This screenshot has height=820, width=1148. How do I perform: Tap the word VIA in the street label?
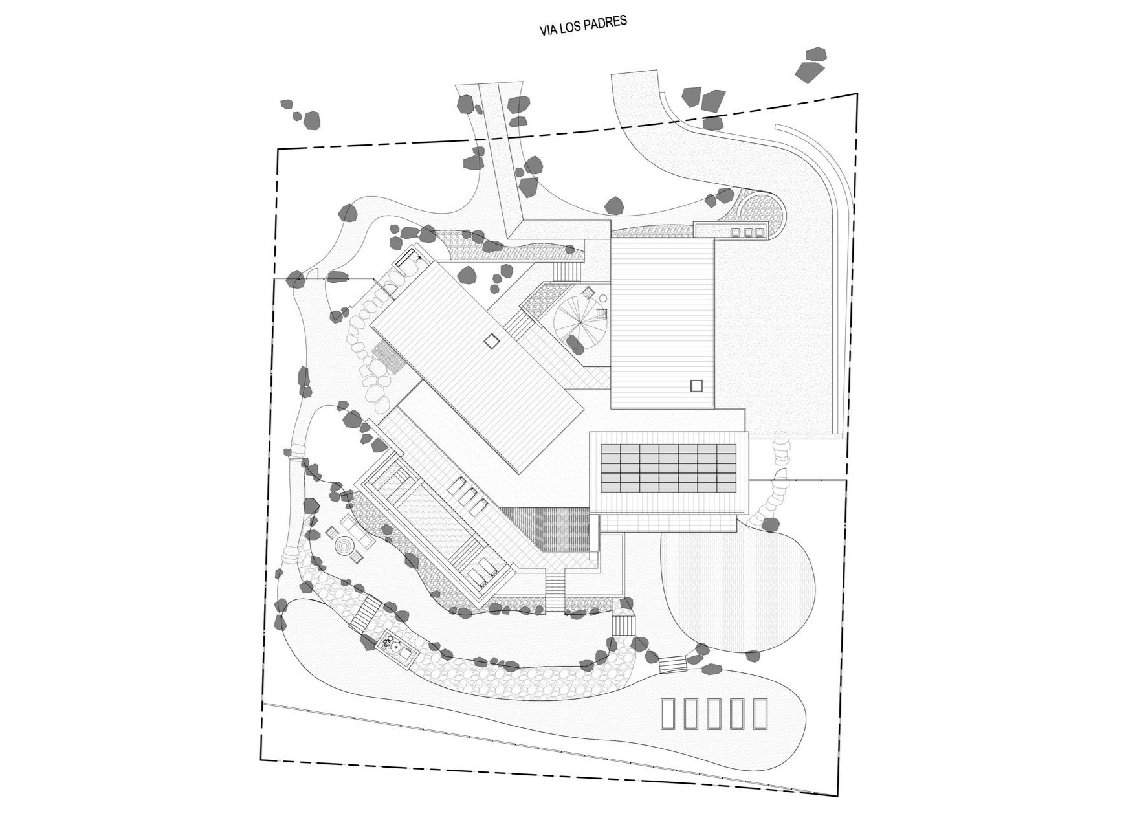548,30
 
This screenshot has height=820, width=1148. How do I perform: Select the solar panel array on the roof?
669,467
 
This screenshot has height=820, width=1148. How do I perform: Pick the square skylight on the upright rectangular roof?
696,386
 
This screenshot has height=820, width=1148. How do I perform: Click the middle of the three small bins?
748,232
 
